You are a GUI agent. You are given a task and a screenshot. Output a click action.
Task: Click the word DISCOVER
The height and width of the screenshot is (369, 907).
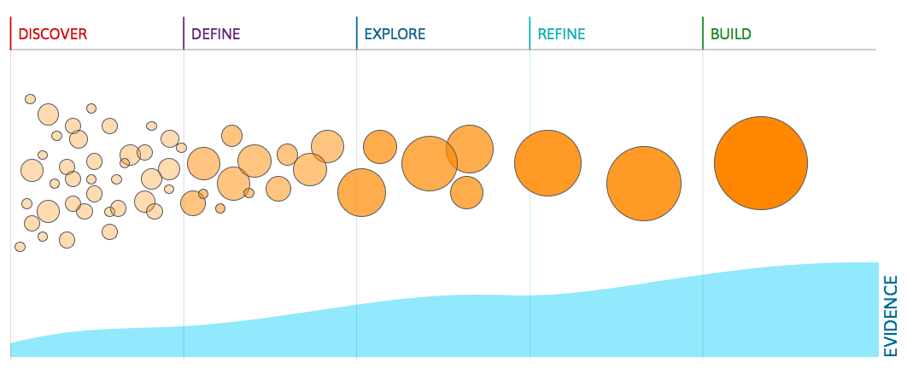53,34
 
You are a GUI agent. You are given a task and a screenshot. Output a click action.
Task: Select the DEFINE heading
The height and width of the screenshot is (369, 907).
216,34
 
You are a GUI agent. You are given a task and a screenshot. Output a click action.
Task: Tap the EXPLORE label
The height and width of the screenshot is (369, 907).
395,34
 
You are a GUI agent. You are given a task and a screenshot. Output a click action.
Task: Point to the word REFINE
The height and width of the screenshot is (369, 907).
562,34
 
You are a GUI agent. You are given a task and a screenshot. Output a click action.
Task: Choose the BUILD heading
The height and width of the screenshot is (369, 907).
730,34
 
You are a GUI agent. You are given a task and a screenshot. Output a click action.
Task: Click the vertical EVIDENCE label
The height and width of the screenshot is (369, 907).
891,316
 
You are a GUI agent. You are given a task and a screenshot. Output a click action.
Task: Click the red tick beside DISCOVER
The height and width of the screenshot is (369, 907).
10,33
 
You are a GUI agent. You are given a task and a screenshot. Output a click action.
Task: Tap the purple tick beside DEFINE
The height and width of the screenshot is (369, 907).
184,33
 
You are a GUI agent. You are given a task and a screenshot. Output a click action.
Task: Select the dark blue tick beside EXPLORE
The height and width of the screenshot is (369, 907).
356,33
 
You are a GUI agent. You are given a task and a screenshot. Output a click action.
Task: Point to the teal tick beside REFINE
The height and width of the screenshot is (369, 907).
530,33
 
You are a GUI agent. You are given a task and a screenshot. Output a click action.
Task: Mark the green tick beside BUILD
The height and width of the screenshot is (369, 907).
703,33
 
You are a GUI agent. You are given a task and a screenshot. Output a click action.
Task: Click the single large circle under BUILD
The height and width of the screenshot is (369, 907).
761,163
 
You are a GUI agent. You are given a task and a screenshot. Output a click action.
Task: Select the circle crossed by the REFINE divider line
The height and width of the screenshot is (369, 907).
547,163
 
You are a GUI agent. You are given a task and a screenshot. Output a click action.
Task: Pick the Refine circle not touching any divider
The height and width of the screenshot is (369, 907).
644,184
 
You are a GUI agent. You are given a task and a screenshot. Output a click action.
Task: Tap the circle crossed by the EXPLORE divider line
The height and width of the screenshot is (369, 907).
361,192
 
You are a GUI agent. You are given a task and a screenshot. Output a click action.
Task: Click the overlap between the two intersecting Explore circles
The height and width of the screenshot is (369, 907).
452,156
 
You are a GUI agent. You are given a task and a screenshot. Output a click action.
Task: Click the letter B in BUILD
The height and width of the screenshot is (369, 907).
715,34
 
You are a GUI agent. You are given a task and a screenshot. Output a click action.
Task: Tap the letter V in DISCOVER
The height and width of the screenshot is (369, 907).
65,34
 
